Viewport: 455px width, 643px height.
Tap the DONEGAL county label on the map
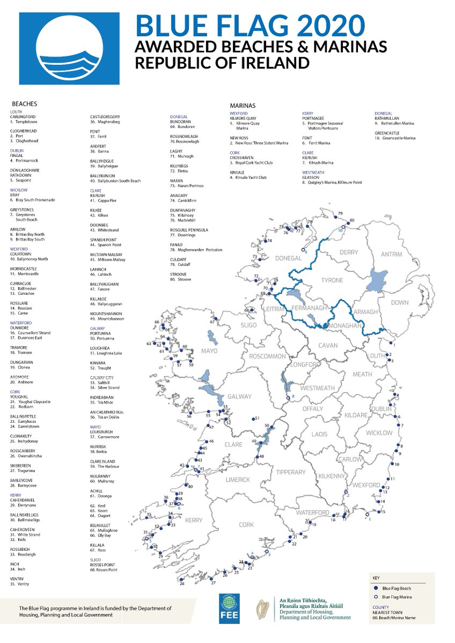tap(289, 258)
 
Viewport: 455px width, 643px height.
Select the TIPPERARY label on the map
tap(290, 472)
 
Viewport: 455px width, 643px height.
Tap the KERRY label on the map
tap(194, 520)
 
